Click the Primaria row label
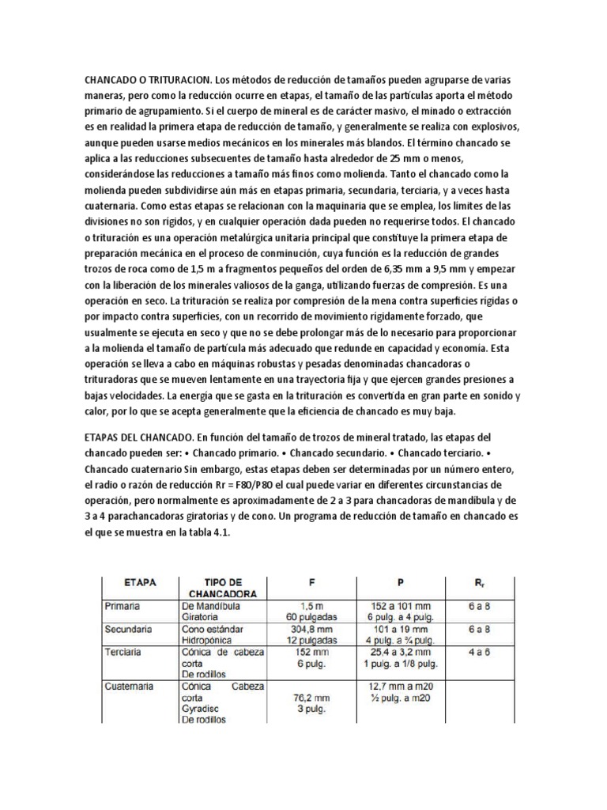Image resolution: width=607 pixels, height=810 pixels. pyautogui.click(x=124, y=605)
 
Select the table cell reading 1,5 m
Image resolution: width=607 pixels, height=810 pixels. pyautogui.click(x=303, y=605)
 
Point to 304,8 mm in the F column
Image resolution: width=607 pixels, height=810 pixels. pyautogui.click(x=303, y=630)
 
